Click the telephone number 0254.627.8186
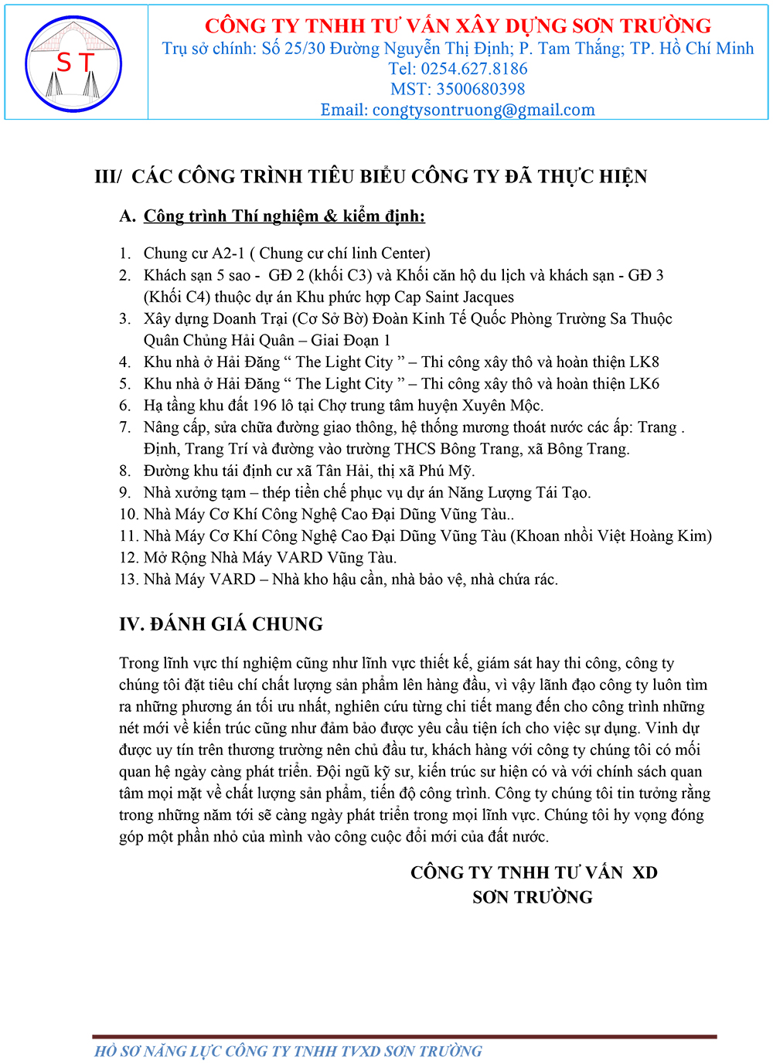(474, 69)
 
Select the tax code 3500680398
(480, 89)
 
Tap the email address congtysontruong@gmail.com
(484, 110)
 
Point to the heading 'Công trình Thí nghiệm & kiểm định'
(284, 216)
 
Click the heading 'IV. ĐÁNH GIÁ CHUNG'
(221, 624)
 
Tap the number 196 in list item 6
(264, 405)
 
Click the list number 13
(128, 579)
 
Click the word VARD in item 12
(300, 557)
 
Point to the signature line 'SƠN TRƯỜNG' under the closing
(533, 897)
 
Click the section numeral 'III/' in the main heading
(108, 177)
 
